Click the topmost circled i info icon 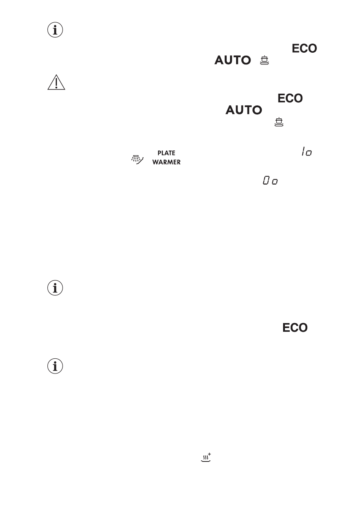coord(55,30)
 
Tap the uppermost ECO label coord(304,49)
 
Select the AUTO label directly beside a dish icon coord(233,60)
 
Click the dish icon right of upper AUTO coord(264,60)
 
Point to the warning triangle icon coord(56,82)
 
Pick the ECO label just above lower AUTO coord(290,98)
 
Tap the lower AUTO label coord(244,110)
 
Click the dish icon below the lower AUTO coord(279,122)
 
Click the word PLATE coord(166,153)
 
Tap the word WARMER coord(166,162)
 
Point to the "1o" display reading coord(307,152)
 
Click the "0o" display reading coord(270,181)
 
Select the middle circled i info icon coord(55,288)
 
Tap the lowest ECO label coord(294,328)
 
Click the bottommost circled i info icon coord(55,366)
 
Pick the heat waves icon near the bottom coord(205,458)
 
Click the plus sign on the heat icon coord(210,454)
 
